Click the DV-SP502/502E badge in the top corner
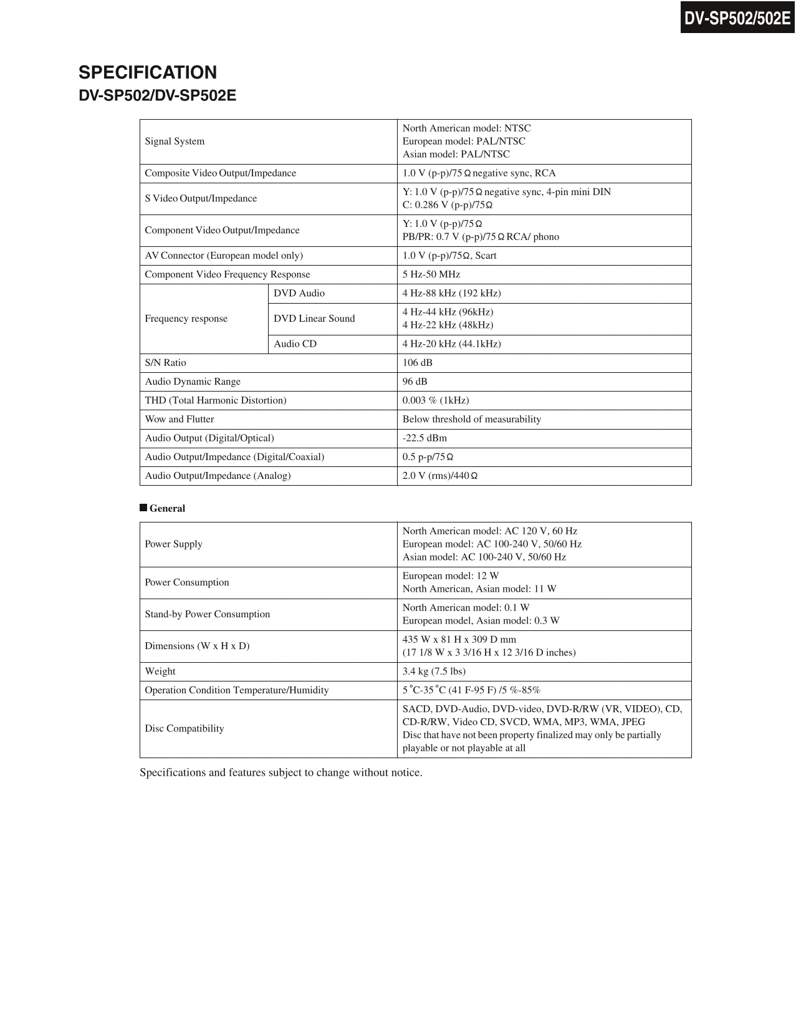click(x=737, y=18)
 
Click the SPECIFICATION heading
click(x=148, y=72)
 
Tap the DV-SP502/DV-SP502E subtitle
click(x=157, y=96)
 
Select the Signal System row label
click(x=175, y=142)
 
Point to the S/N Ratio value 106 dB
click(x=417, y=363)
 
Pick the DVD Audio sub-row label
click(x=299, y=293)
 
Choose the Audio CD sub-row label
click(x=295, y=344)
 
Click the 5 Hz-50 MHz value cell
click(x=431, y=274)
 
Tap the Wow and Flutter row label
click(x=180, y=419)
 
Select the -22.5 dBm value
click(x=424, y=438)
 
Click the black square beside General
click(x=143, y=508)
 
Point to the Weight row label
click(x=160, y=671)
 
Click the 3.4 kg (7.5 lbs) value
click(x=434, y=671)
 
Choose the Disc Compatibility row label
click(x=184, y=728)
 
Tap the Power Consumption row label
click(x=187, y=582)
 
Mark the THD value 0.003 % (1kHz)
click(x=436, y=400)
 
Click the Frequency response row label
click(x=186, y=319)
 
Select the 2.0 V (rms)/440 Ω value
click(x=439, y=476)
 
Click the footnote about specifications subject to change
click(x=281, y=772)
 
